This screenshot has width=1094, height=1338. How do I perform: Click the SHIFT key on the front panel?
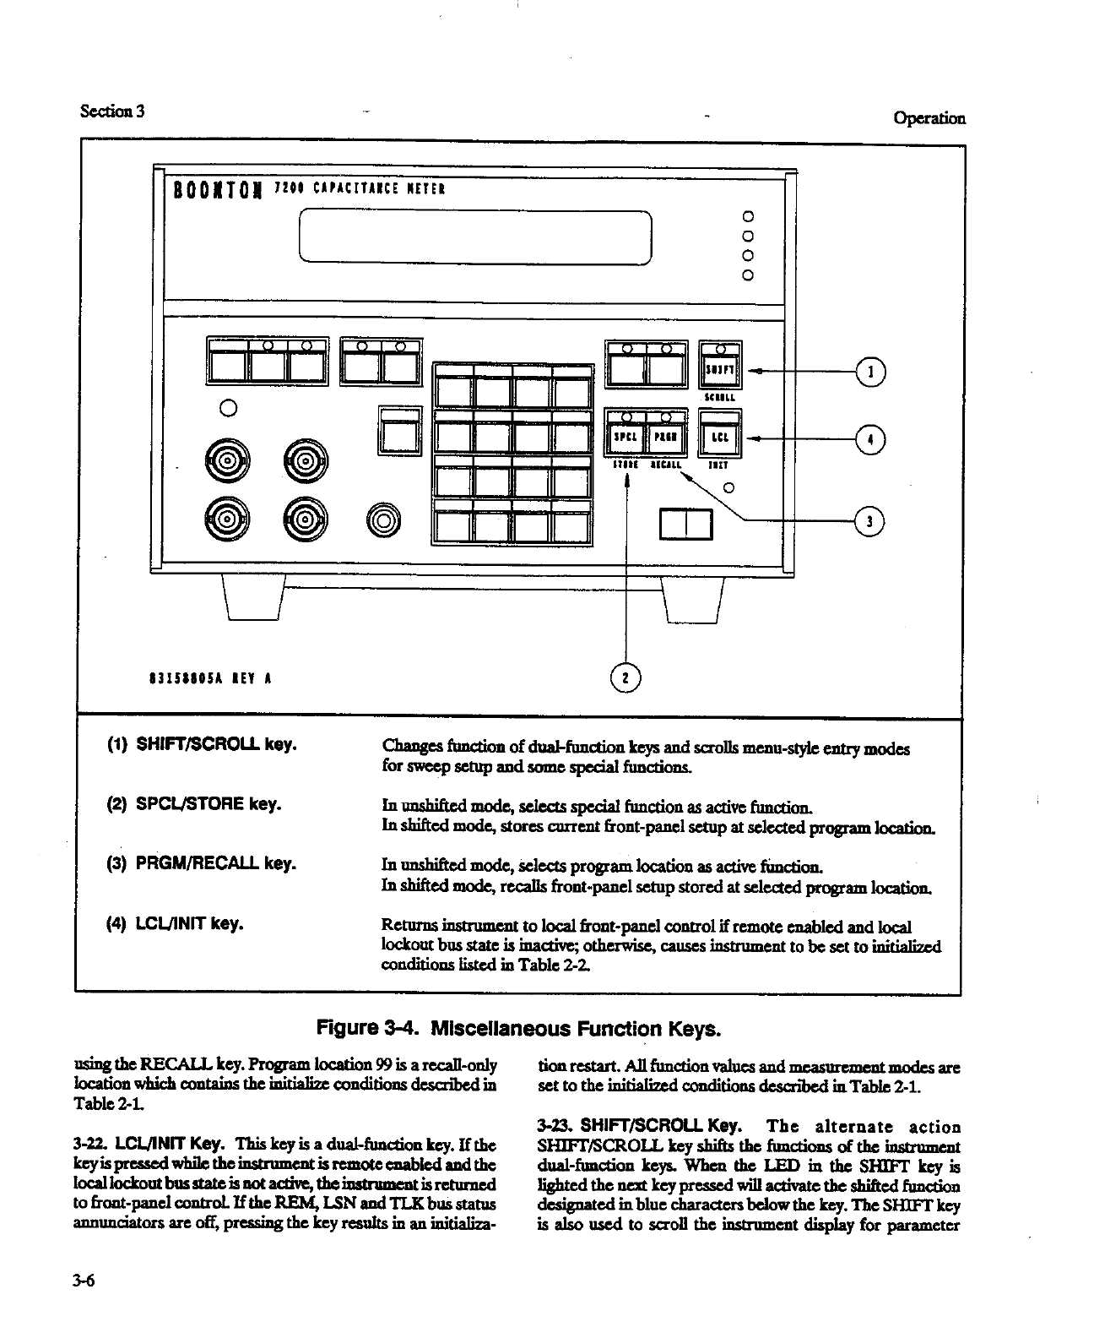pyautogui.click(x=720, y=370)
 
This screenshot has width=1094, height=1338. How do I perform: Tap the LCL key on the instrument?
pyautogui.click(x=720, y=438)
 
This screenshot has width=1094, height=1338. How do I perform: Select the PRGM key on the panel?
pyautogui.click(x=668, y=438)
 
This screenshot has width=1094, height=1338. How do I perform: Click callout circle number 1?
pyautogui.click(x=869, y=371)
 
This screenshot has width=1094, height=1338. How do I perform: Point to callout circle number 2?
pyautogui.click(x=626, y=677)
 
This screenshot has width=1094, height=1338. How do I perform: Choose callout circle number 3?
pyautogui.click(x=869, y=521)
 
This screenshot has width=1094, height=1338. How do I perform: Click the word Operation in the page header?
pyautogui.click(x=929, y=118)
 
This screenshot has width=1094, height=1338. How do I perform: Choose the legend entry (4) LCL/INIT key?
pyautogui.click(x=176, y=923)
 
